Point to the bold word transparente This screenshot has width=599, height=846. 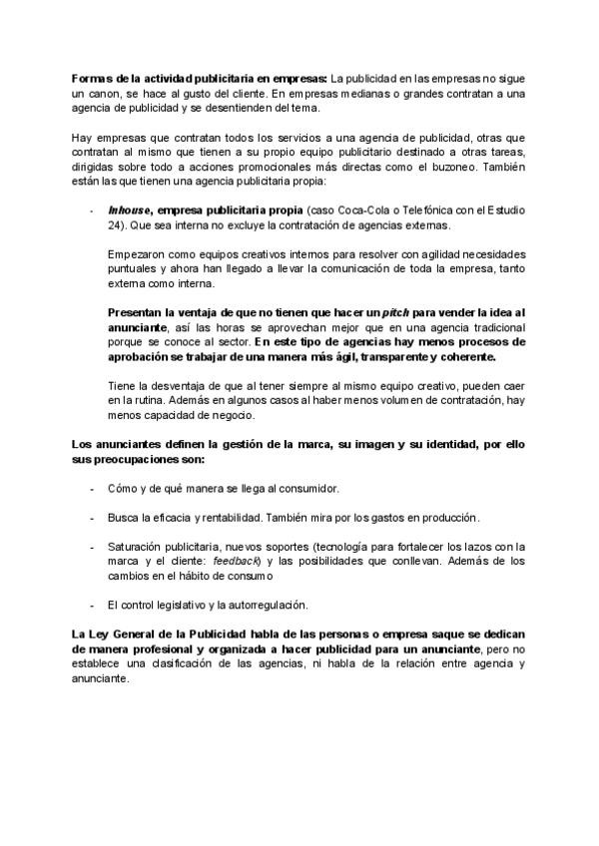pyautogui.click(x=374, y=357)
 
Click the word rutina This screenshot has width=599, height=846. pyautogui.click(x=141, y=399)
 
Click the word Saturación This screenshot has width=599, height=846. pyautogui.click(x=137, y=547)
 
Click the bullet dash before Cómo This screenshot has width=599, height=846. pyautogui.click(x=93, y=489)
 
